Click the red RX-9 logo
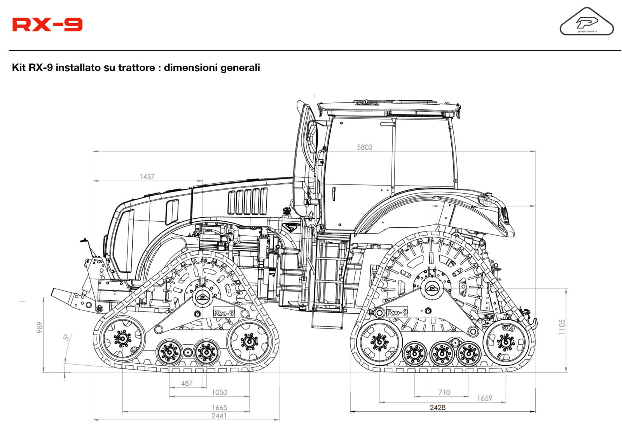(47, 25)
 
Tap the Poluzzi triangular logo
(586, 23)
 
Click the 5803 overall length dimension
(364, 147)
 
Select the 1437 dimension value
(147, 177)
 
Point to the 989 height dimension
(39, 327)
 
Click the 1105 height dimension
(562, 327)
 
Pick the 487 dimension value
(187, 383)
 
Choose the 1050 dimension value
(219, 392)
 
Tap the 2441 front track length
(219, 415)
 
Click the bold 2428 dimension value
(437, 407)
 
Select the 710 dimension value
(444, 392)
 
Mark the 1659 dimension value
(484, 398)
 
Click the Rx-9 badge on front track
(224, 312)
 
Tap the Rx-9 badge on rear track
(397, 312)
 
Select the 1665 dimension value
(219, 407)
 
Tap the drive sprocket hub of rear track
(431, 288)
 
